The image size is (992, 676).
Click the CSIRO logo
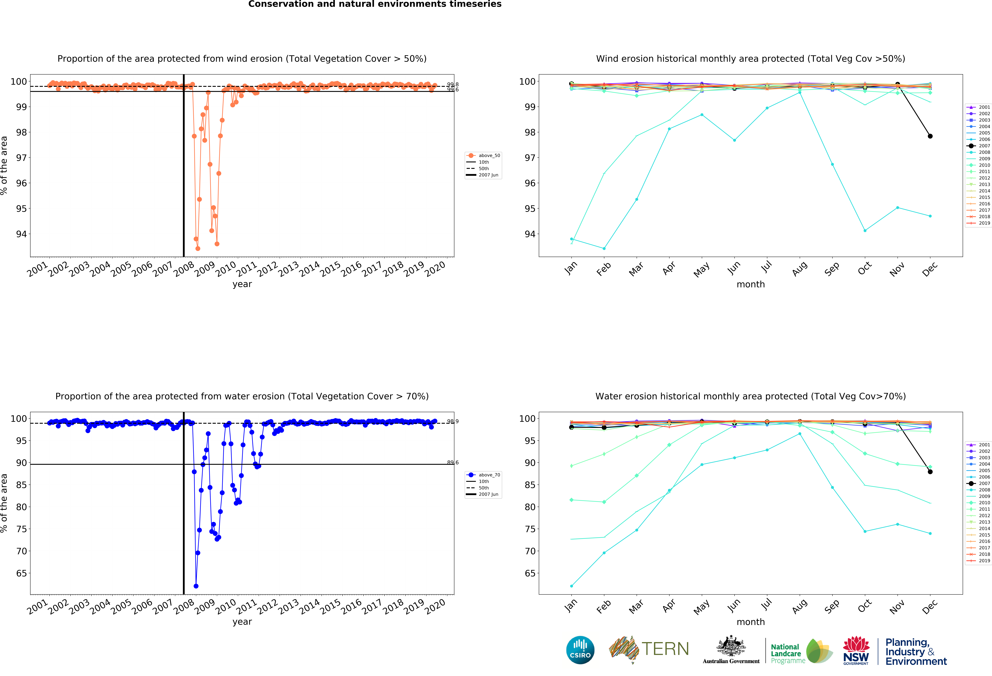[580, 650]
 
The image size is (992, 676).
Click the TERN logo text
[665, 649]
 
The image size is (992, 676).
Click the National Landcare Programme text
[788, 653]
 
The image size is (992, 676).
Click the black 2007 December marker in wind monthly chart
[930, 136]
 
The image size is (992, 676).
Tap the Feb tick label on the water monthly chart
[604, 606]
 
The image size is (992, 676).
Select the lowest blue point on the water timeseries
[196, 586]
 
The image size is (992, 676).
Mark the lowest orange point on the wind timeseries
[198, 248]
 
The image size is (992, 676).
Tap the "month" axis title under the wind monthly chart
[750, 284]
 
